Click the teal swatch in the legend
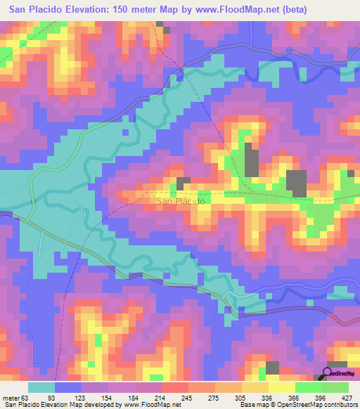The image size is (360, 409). (41, 388)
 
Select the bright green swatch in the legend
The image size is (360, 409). (309, 388)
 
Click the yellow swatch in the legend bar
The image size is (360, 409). (282, 388)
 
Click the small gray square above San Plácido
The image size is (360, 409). (184, 183)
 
